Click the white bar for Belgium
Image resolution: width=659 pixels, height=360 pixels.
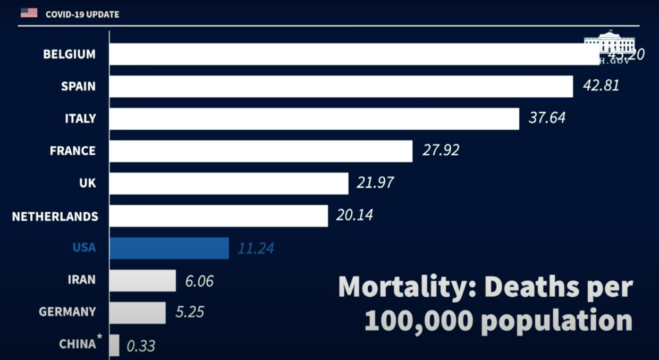click(x=351, y=54)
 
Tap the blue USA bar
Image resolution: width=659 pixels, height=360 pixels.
click(x=170, y=248)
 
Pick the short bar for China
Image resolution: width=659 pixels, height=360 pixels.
click(x=114, y=345)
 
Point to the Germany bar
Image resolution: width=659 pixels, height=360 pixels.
click(x=138, y=313)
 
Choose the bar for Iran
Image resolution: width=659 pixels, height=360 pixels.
click(x=143, y=280)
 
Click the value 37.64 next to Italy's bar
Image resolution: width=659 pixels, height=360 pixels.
click(x=547, y=118)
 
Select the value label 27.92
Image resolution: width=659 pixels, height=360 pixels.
click(x=441, y=150)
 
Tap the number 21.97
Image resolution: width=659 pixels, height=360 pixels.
click(x=375, y=183)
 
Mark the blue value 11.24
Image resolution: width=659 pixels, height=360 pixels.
click(x=256, y=248)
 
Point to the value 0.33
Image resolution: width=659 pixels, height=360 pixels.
click(x=141, y=346)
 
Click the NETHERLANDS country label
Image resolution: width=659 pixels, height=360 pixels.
click(x=55, y=216)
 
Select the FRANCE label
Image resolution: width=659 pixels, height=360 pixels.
click(x=73, y=151)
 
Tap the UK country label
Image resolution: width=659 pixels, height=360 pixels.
click(x=88, y=183)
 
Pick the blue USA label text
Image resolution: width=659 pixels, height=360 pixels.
click(x=84, y=248)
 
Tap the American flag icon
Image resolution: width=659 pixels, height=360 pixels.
click(x=29, y=13)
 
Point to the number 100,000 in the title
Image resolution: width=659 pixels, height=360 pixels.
click(x=412, y=321)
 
